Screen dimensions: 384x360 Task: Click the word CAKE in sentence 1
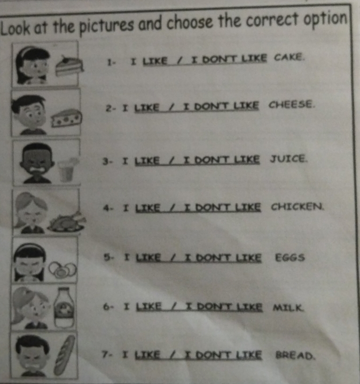pos(290,56)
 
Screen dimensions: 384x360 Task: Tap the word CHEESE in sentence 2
pos(292,105)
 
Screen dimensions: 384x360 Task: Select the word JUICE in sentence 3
pos(289,158)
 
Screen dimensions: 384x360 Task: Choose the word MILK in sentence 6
pos(289,308)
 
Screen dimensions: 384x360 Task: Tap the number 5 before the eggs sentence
pos(108,257)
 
